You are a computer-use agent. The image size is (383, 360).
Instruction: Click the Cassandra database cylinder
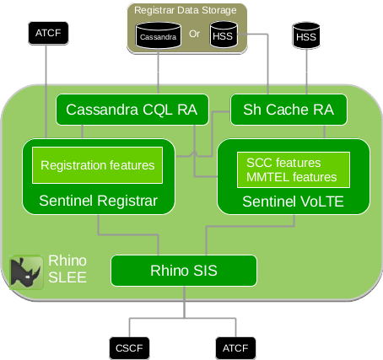(x=158, y=36)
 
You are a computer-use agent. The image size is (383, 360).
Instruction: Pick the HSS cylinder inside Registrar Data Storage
(x=223, y=36)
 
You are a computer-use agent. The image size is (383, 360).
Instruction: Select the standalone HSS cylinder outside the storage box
(x=306, y=35)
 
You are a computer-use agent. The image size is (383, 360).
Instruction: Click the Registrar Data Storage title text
(x=187, y=11)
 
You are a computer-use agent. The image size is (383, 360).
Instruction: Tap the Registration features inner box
(x=97, y=165)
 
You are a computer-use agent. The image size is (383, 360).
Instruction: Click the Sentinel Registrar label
(x=98, y=201)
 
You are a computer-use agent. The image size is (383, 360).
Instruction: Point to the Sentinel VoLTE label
(x=292, y=201)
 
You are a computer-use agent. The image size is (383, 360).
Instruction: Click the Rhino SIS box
(x=183, y=271)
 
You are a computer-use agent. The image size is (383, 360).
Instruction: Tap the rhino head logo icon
(x=26, y=272)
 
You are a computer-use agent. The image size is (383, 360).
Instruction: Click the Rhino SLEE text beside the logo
(x=67, y=268)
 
